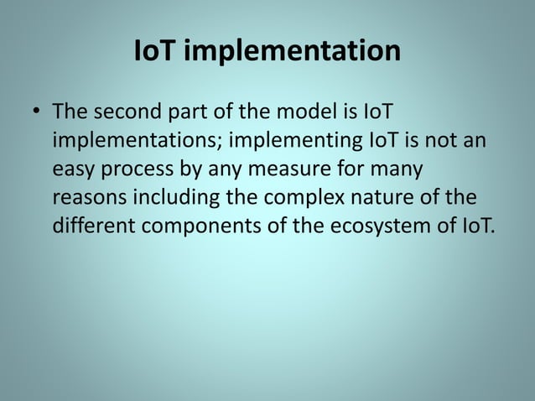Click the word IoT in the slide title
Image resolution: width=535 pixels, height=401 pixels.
(x=156, y=52)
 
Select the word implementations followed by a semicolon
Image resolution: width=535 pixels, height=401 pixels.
(x=137, y=141)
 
